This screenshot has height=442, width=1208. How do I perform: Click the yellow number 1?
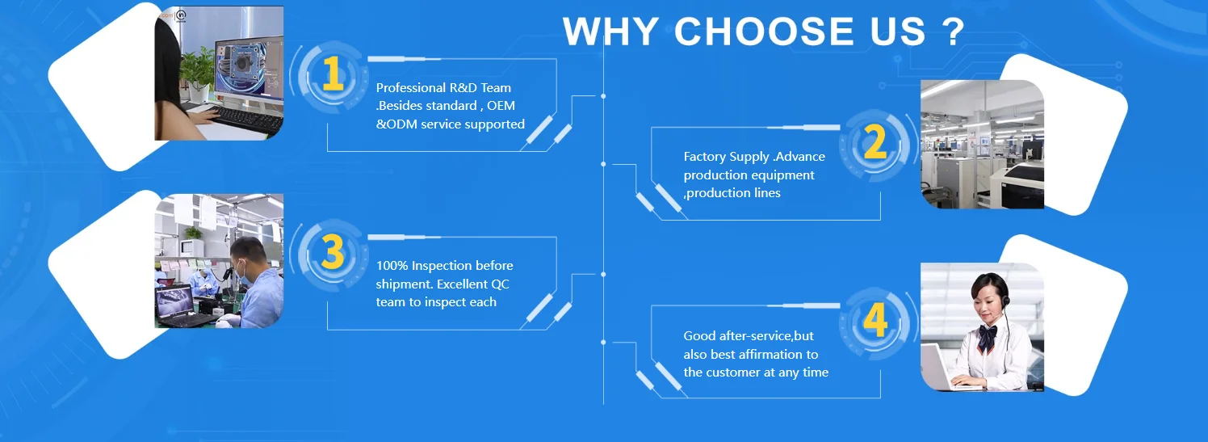point(333,74)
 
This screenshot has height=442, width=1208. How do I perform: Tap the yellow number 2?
point(875,141)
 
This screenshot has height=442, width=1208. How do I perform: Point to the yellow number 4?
point(875,319)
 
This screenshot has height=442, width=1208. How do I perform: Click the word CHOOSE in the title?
point(764,32)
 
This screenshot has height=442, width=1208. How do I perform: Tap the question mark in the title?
point(954,32)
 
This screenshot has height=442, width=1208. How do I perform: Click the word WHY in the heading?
point(610,32)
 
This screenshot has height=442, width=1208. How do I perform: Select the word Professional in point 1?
point(411,87)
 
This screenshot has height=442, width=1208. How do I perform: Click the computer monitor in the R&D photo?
point(250,69)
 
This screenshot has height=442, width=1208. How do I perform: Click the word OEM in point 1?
point(501,106)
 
